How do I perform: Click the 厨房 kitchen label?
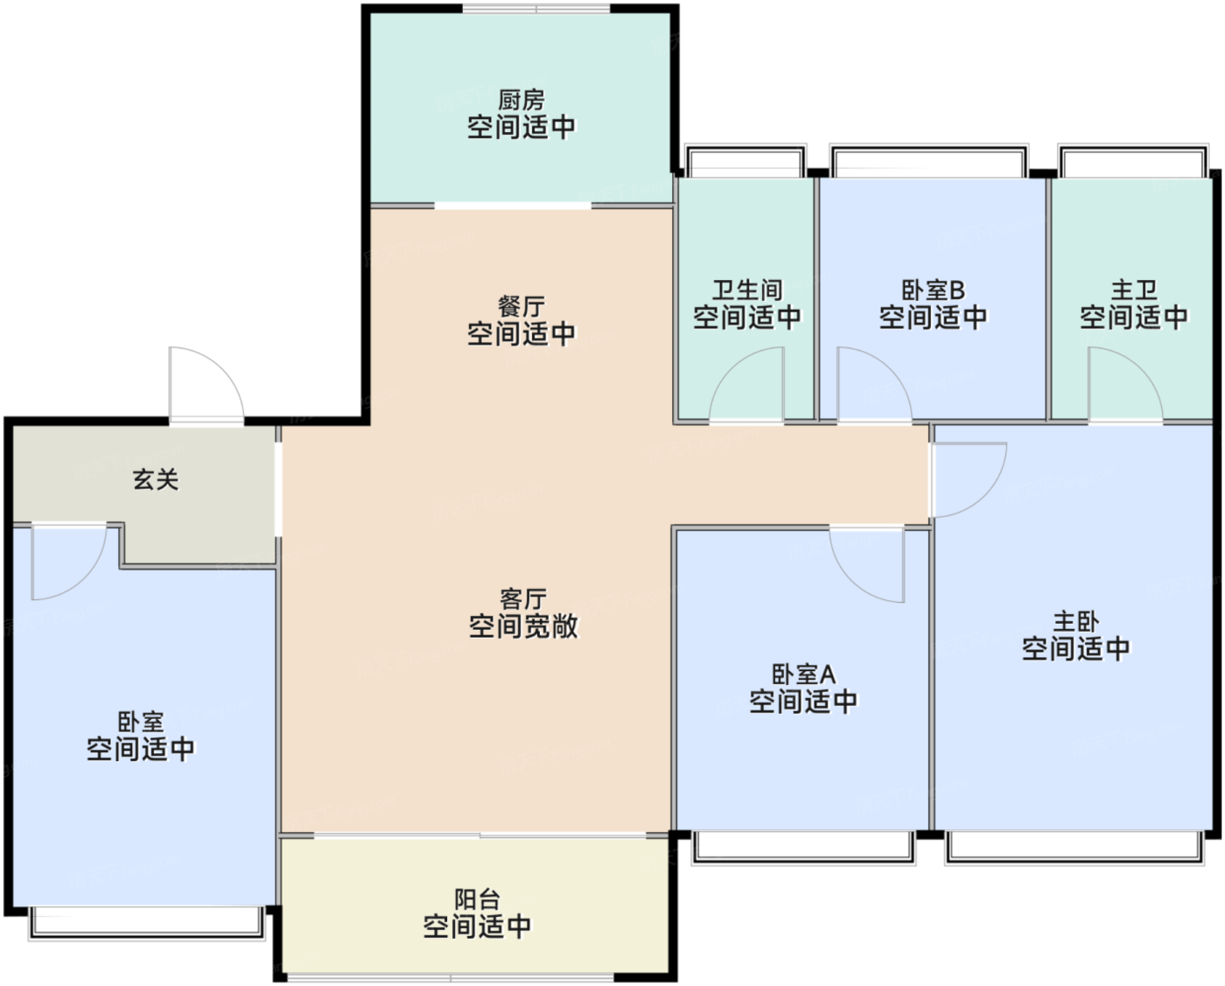click(x=521, y=101)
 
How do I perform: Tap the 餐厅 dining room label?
click(x=521, y=307)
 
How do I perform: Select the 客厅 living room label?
click(x=523, y=599)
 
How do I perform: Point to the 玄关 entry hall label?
click(x=156, y=479)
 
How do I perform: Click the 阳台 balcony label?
click(x=477, y=899)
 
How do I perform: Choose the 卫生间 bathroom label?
click(x=747, y=290)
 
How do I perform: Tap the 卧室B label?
click(x=934, y=290)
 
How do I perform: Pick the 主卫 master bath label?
click(x=1134, y=290)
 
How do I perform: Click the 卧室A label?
click(x=804, y=675)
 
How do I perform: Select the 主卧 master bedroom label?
click(x=1076, y=622)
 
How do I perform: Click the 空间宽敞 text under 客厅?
click(x=523, y=626)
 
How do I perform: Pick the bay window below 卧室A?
click(x=803, y=849)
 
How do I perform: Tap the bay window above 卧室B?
click(x=929, y=161)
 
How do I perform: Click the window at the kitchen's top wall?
click(x=535, y=9)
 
